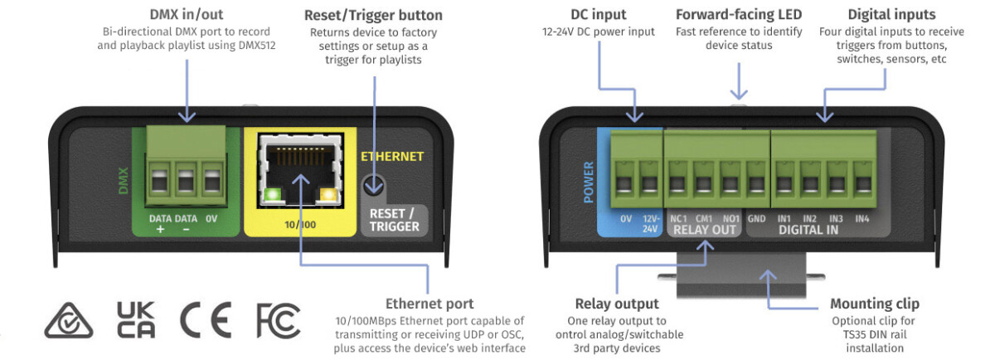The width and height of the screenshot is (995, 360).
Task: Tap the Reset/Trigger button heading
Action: point(373,15)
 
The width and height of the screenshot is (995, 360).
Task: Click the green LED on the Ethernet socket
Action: point(270,195)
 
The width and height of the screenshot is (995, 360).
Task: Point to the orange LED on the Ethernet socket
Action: point(331,195)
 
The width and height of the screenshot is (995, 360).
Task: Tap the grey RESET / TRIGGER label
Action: point(394,220)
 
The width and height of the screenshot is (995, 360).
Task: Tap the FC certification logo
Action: point(278,319)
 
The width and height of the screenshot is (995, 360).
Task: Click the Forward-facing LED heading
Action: point(739,14)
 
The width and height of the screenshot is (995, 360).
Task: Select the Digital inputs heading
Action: point(891,14)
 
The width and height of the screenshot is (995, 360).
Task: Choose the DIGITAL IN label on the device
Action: point(809,230)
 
